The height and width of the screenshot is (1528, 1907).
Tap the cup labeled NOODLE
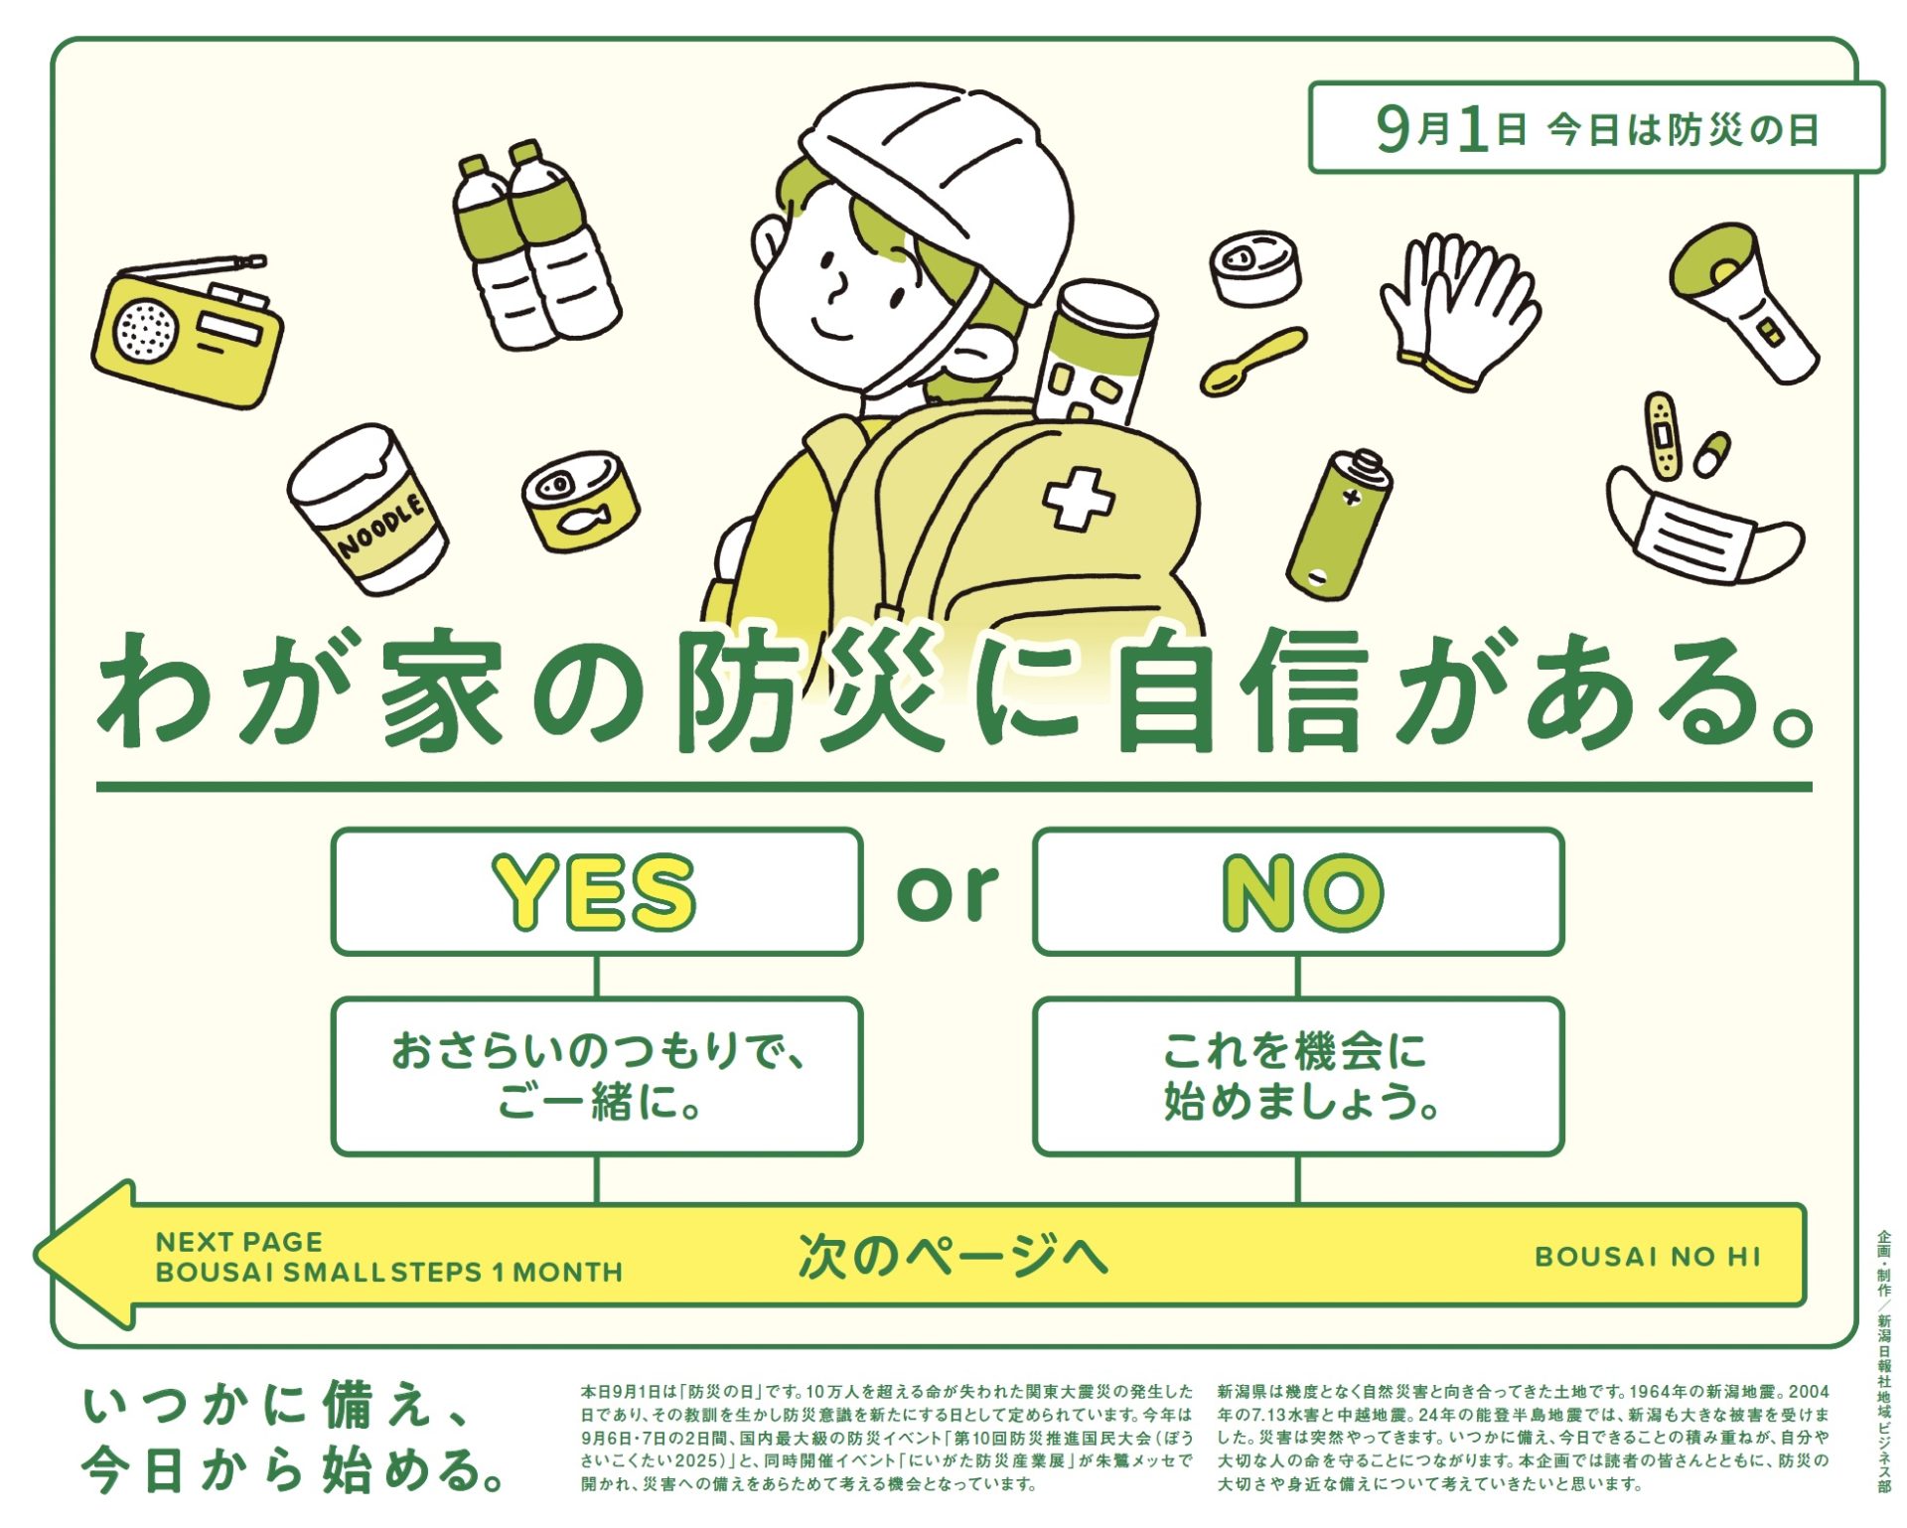(x=367, y=509)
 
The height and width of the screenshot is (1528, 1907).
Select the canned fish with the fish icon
(x=581, y=500)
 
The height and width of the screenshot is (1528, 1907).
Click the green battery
(x=1339, y=524)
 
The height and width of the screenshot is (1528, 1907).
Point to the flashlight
(x=1743, y=302)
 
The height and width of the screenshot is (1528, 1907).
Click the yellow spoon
(x=1252, y=362)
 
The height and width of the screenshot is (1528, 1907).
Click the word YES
(x=595, y=892)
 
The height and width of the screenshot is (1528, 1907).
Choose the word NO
(x=1302, y=892)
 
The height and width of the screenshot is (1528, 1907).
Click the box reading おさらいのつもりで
(x=597, y=1076)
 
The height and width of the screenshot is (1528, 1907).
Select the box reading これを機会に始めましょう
(x=1298, y=1076)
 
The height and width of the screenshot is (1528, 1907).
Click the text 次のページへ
(x=953, y=1255)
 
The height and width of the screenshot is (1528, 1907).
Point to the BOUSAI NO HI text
(x=1648, y=1257)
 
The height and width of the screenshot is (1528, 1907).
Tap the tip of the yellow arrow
(x=36, y=1254)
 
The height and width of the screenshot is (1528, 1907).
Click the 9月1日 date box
(x=1596, y=128)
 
